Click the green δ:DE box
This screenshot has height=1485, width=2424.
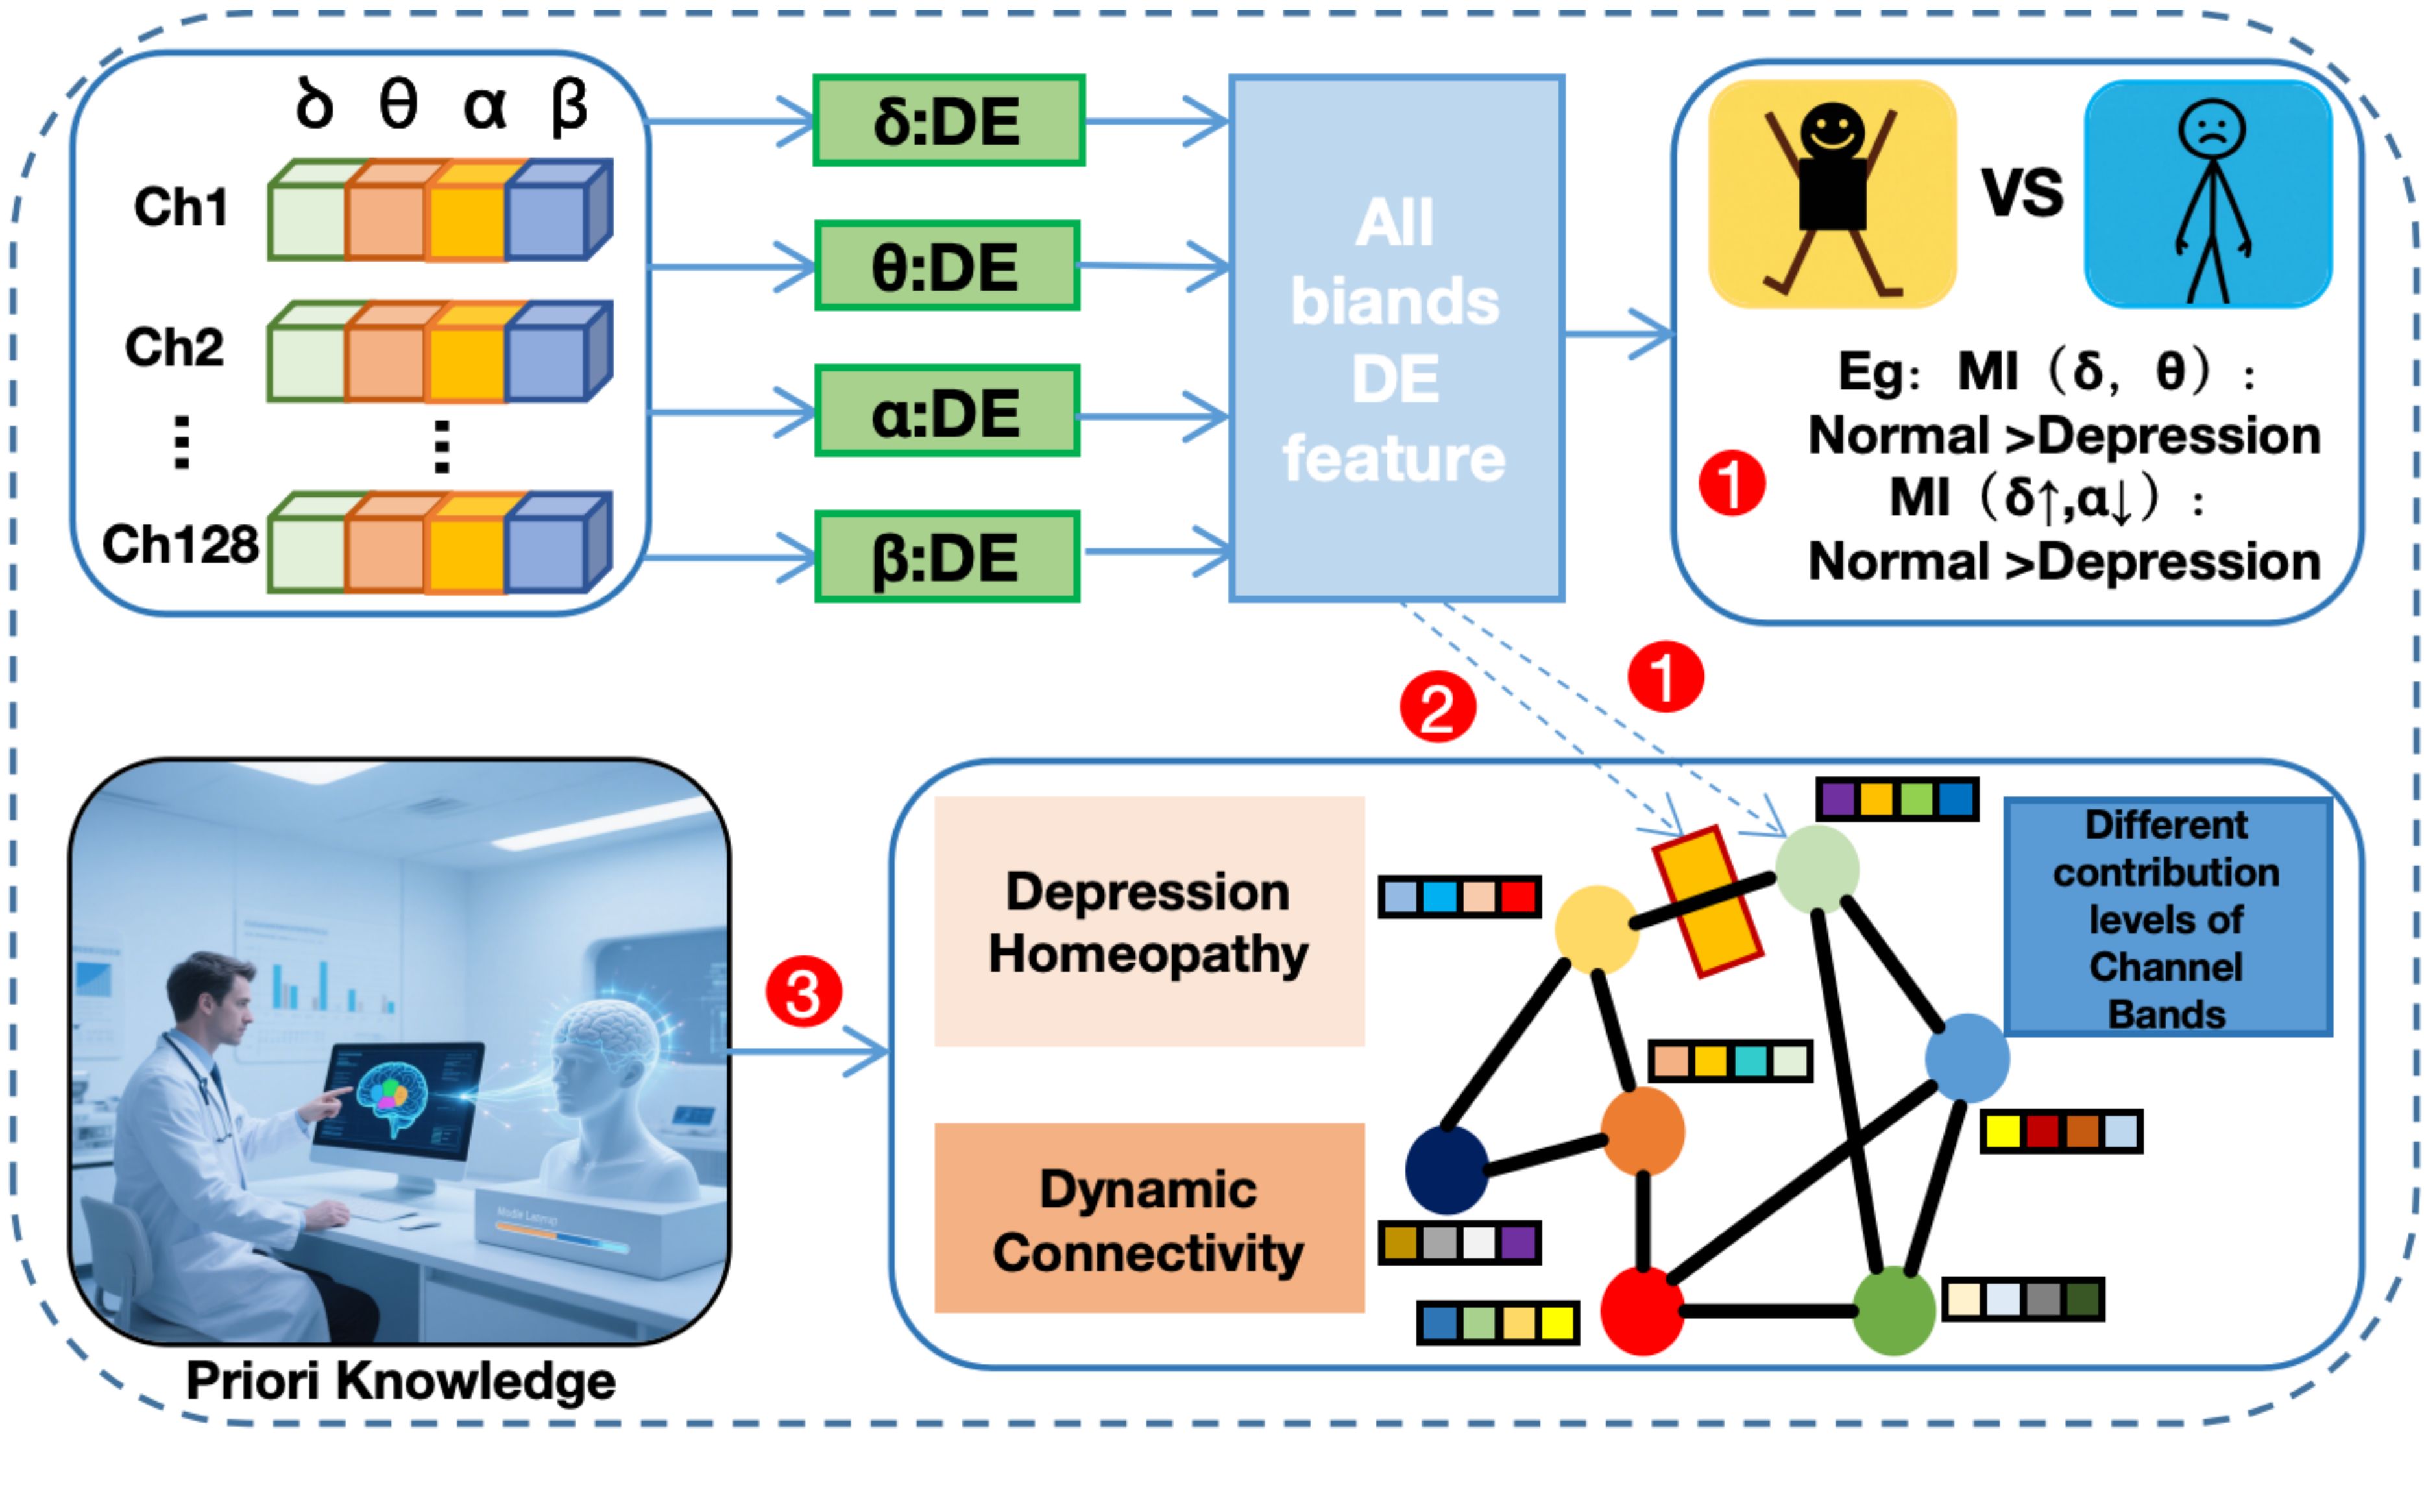coord(949,120)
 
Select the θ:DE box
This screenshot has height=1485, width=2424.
coord(947,265)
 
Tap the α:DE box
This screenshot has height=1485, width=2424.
coord(947,411)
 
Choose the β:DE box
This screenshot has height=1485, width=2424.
coord(947,556)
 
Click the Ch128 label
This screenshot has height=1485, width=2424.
coord(180,544)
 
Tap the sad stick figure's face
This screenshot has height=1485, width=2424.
coord(2211,130)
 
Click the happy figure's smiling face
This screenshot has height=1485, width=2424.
coord(1832,130)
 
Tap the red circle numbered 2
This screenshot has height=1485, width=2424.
coord(1437,707)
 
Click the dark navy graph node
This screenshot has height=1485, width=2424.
coord(1446,1169)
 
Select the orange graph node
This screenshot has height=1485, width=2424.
coord(1642,1132)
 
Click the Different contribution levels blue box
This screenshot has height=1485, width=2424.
coord(2167,917)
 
